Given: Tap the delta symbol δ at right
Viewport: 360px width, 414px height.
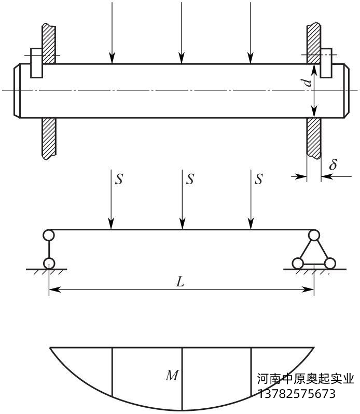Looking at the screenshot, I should click(333, 165).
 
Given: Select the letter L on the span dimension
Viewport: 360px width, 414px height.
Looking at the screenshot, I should click(180, 282).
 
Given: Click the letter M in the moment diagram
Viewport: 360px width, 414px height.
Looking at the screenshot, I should click(172, 376).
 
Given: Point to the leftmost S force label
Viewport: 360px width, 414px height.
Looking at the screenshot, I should click(119, 180).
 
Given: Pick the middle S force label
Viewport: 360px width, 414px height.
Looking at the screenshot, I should click(190, 180).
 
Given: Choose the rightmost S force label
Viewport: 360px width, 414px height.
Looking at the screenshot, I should click(259, 180).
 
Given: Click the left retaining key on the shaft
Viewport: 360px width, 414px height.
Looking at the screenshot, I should click(36, 63).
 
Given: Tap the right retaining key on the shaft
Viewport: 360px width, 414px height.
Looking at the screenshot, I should click(326, 63).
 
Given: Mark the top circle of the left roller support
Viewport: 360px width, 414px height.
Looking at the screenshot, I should click(48, 235).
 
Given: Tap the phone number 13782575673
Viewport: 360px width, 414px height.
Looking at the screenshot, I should click(297, 394).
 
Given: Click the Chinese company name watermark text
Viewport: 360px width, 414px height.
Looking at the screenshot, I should click(306, 379).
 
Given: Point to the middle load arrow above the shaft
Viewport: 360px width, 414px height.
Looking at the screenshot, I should click(182, 31).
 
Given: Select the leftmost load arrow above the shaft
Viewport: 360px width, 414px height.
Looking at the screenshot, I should click(112, 31).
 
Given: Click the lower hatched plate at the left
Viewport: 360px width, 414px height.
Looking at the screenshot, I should click(49, 137).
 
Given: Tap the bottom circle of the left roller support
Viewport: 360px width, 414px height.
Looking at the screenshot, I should click(48, 263).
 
